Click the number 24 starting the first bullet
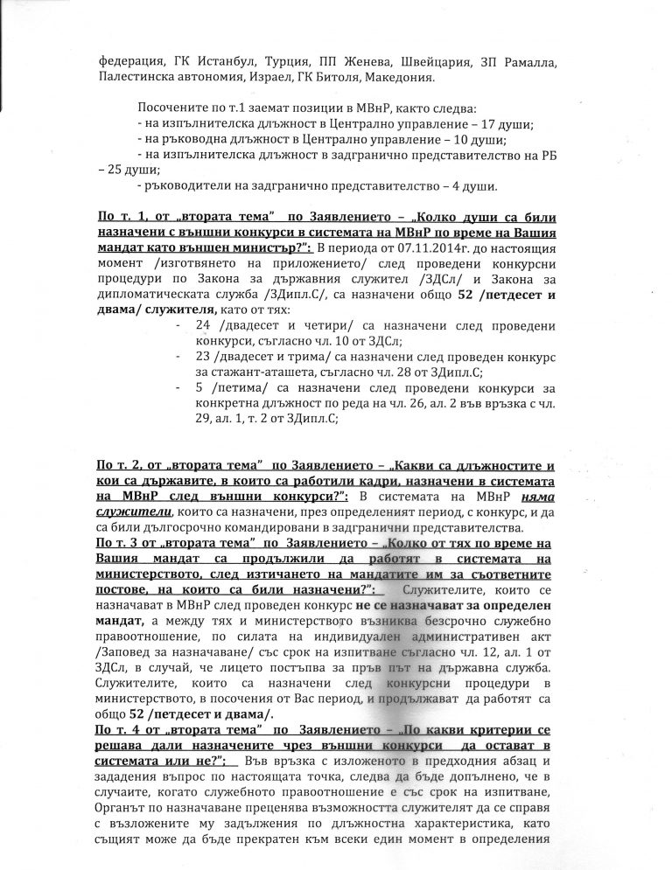tap(205, 324)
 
